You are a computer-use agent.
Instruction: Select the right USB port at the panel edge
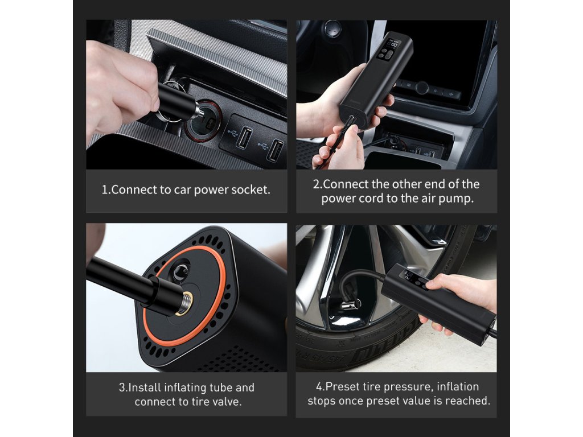(276, 150)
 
